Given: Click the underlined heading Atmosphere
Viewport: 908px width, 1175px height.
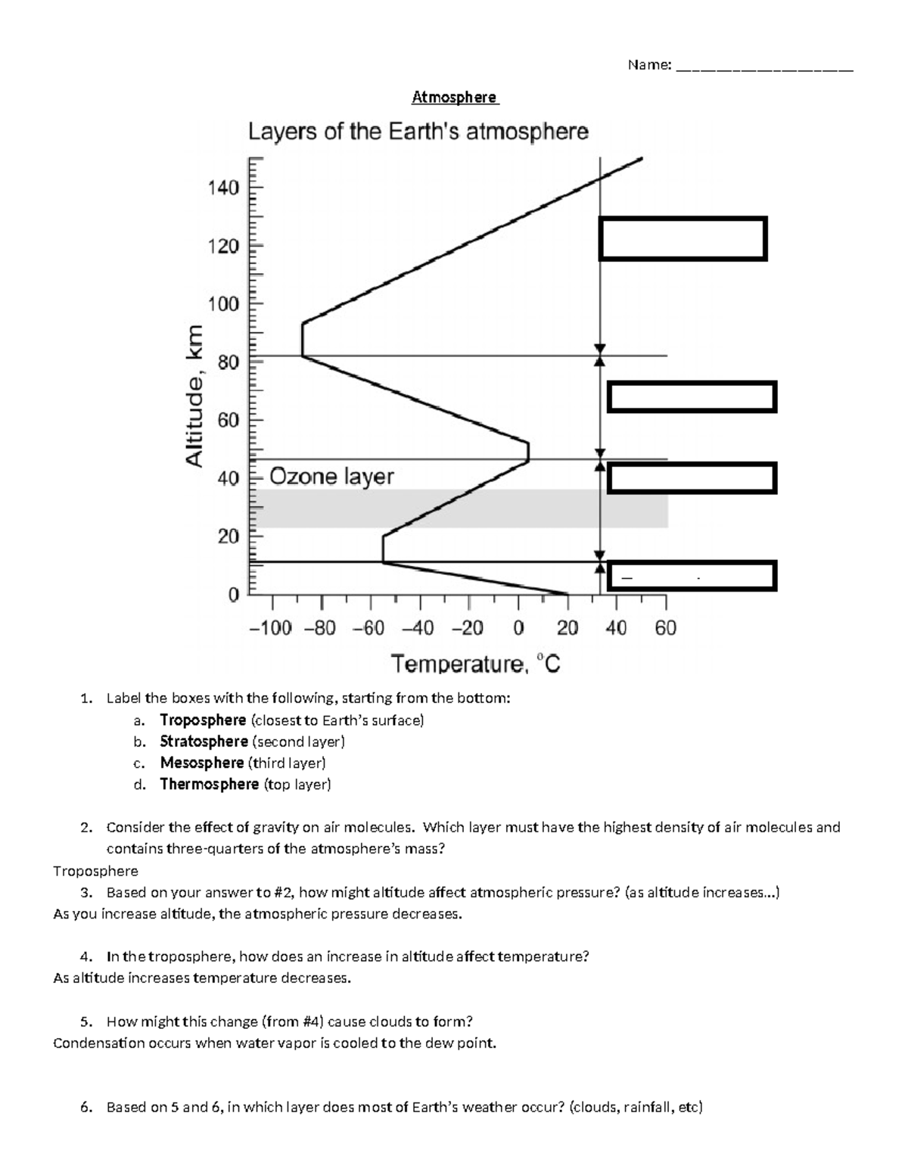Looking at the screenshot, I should coord(455,98).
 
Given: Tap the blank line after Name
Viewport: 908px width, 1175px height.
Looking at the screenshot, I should coord(764,67).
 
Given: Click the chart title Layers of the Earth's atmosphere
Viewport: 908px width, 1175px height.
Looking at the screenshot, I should coord(418,132).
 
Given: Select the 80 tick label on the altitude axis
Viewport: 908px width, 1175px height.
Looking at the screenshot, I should coord(228,362).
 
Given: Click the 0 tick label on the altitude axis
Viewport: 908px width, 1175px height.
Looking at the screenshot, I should coord(233,595).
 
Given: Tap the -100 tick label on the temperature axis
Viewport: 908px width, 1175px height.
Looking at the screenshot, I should coord(270,629).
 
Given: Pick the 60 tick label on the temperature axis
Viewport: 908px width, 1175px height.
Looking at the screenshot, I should coord(665,629).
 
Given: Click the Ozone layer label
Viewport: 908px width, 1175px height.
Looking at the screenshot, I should coord(331,477).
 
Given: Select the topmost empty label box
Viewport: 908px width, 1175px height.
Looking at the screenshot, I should coord(683,238).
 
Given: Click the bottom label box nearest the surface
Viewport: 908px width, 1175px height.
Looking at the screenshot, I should coord(692,577).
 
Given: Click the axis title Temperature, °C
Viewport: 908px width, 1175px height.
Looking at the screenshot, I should coord(475,665).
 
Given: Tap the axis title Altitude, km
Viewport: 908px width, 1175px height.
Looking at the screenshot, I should coord(195,396).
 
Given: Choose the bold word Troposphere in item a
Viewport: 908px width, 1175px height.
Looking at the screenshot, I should coord(203,720).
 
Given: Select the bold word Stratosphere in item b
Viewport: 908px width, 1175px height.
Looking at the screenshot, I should coord(204,741).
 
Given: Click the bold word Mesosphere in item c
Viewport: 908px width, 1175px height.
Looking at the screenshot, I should coord(201,763).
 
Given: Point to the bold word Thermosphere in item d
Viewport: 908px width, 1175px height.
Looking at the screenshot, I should coord(209,784).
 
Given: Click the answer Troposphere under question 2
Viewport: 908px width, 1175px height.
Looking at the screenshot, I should coord(95,871).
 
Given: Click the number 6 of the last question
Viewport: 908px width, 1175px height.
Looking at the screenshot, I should coord(85,1108).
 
